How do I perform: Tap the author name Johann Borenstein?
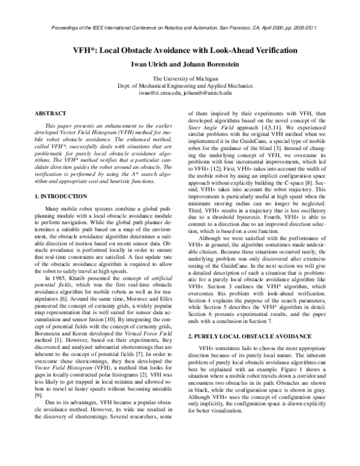[x=211, y=65]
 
